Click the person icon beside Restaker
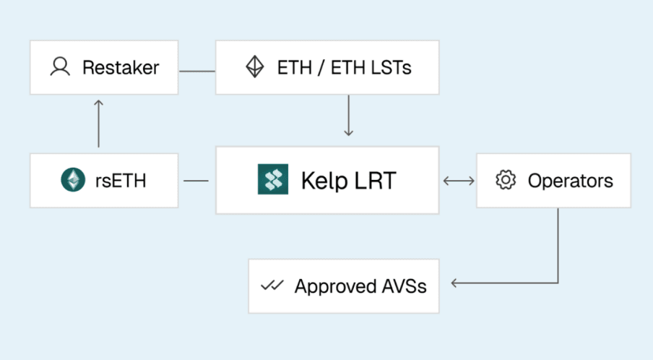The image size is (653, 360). click(60, 67)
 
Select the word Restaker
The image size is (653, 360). click(121, 67)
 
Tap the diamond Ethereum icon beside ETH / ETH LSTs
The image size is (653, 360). click(254, 67)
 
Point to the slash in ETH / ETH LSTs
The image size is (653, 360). click(321, 67)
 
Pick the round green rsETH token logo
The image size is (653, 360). click(73, 179)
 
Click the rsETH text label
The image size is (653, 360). click(121, 181)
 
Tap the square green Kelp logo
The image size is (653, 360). click(273, 179)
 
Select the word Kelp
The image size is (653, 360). click(324, 181)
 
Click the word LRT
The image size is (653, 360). click(375, 181)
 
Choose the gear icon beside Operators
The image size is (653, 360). click(506, 179)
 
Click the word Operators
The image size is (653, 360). click(571, 181)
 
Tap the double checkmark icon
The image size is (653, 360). click(272, 286)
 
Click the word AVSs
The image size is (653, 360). click(405, 286)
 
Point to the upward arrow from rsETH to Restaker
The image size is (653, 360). click(98, 124)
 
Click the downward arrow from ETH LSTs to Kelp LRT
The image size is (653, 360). click(349, 116)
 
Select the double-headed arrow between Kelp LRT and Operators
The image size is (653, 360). click(459, 181)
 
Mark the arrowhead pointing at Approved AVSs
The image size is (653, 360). click(454, 283)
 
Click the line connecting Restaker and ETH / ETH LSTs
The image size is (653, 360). click(197, 72)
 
